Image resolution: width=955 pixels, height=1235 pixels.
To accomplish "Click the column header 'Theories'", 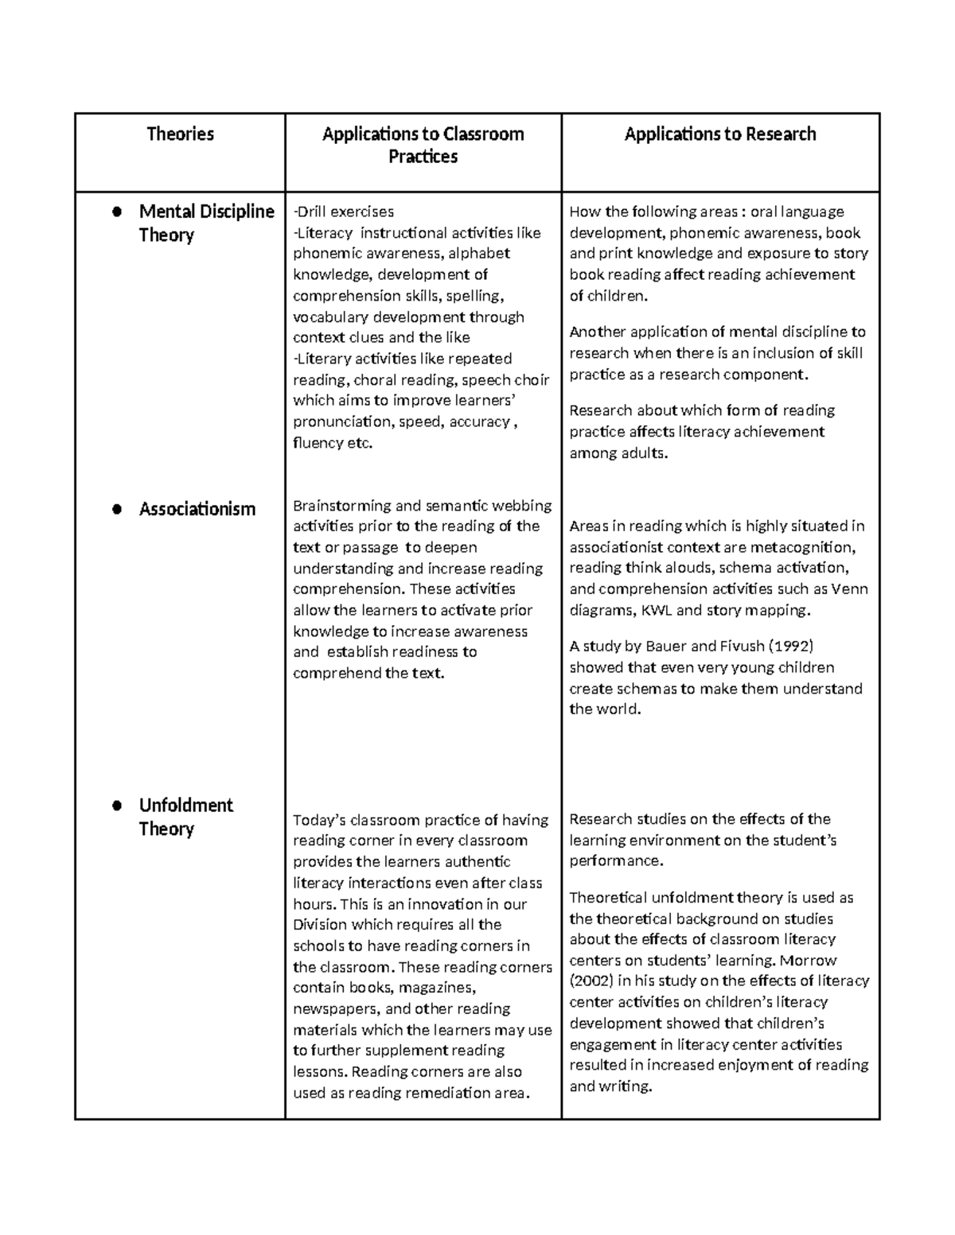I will click(180, 134).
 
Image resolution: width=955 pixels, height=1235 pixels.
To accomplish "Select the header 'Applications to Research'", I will click(719, 134).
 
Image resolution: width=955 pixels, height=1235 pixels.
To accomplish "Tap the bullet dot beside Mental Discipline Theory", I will click(116, 212).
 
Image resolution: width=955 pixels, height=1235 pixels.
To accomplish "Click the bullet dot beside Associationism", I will click(116, 510).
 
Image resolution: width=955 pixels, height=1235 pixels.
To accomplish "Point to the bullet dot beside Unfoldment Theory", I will click(116, 806).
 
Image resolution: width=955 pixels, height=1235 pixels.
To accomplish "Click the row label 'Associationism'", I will click(197, 509).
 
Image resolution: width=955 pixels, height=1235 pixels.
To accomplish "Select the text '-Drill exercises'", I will click(343, 212).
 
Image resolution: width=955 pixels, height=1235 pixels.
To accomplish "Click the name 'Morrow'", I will click(809, 960).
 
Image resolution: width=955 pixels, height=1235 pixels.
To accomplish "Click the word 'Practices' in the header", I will click(423, 157).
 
